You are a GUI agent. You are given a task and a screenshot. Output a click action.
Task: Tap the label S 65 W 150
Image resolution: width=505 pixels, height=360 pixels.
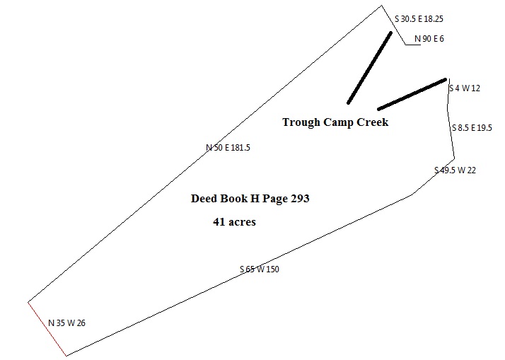[x=259, y=269]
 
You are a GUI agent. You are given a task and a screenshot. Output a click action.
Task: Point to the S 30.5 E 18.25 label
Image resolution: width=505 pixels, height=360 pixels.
[x=423, y=20]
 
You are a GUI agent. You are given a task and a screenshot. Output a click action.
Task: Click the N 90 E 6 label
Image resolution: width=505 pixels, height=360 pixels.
[x=429, y=38]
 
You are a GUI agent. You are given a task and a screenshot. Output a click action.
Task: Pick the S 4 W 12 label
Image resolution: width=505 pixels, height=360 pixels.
[x=465, y=88]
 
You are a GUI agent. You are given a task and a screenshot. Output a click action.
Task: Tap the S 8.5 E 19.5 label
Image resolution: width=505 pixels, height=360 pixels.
[x=472, y=128]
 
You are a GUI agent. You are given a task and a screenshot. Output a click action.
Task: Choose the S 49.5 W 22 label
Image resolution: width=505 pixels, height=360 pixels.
[x=455, y=170]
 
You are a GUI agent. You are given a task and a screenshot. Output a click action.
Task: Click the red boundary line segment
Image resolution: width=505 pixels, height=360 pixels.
[x=47, y=329]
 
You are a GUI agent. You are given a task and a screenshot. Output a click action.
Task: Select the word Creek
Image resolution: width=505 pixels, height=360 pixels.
[x=372, y=122]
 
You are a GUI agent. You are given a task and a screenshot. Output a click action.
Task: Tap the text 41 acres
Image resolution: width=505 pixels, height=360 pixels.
[x=234, y=222]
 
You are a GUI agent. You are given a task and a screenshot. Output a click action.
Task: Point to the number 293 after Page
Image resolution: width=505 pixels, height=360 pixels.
[x=298, y=199]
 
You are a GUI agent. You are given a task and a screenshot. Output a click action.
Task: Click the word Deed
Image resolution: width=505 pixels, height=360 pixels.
[x=204, y=199]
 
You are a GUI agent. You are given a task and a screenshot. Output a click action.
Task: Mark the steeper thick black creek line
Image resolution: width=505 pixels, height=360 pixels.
[x=369, y=67]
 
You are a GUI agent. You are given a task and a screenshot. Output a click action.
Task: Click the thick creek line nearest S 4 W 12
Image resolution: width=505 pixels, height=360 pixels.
[x=412, y=94]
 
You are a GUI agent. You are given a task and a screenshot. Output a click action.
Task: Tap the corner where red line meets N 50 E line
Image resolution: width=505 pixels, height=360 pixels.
[x=28, y=302]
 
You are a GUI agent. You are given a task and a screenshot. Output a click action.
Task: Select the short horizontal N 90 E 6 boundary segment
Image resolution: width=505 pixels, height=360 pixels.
[x=415, y=45]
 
